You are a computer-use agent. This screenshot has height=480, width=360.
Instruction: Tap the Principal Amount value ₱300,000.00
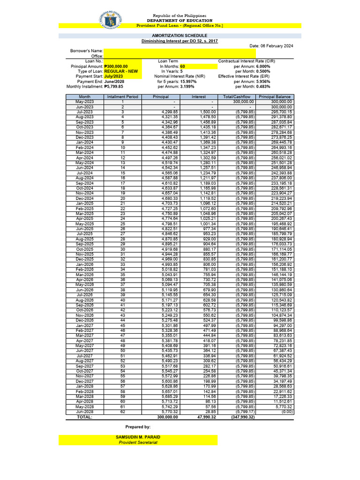(x=116, y=67)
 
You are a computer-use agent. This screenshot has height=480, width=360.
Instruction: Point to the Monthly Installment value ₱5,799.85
(x=114, y=86)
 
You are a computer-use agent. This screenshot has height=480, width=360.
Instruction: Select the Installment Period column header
(x=123, y=97)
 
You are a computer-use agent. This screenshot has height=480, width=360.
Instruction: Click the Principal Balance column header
(x=275, y=97)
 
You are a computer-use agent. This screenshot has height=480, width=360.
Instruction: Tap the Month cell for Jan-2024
(x=85, y=142)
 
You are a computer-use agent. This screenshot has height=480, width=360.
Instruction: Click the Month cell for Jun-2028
(x=85, y=411)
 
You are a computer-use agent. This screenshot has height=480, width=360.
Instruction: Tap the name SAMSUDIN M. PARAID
(x=138, y=436)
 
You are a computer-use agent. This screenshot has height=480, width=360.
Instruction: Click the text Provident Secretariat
(x=138, y=442)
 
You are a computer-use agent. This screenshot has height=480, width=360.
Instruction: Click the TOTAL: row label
(x=84, y=417)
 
